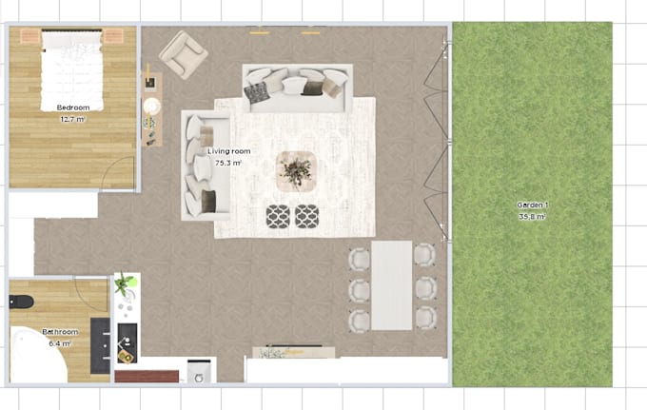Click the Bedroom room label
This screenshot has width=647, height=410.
pyautogui.click(x=73, y=107)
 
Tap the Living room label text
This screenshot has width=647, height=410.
pyautogui.click(x=229, y=151)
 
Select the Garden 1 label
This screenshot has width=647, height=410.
pyautogui.click(x=532, y=205)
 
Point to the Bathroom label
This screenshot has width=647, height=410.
pyautogui.click(x=60, y=332)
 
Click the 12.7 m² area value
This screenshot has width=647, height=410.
pyautogui.click(x=73, y=119)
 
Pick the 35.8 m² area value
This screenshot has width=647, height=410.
pyautogui.click(x=532, y=217)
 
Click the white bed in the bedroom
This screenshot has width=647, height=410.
pyautogui.click(x=71, y=70)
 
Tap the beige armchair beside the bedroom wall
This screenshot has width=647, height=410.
pyautogui.click(x=184, y=55)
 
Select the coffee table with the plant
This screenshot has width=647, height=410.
pyautogui.click(x=296, y=171)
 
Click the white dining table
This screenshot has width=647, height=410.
pyautogui.click(x=392, y=285)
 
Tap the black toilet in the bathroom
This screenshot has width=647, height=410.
pyautogui.click(x=21, y=302)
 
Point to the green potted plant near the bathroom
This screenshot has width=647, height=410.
pyautogui.click(x=125, y=283)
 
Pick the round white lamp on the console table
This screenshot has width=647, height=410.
pyautogui.click(x=152, y=107)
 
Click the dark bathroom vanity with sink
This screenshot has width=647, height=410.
pyautogui.click(x=100, y=345)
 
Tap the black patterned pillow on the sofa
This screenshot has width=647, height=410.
pyautogui.click(x=257, y=92)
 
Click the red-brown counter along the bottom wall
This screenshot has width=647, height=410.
pyautogui.click(x=147, y=376)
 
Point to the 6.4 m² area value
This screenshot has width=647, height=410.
pyautogui.click(x=60, y=343)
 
